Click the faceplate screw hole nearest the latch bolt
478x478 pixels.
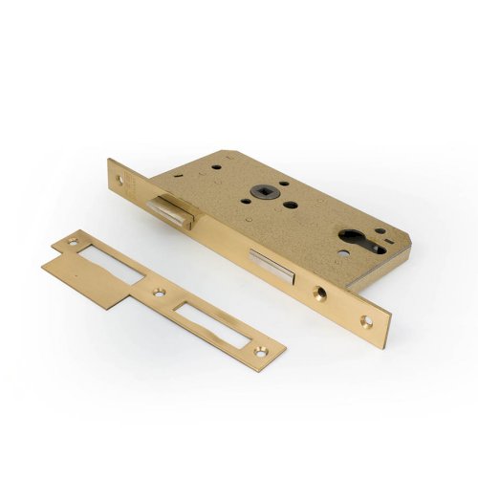120,179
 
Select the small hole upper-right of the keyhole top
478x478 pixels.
380,230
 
